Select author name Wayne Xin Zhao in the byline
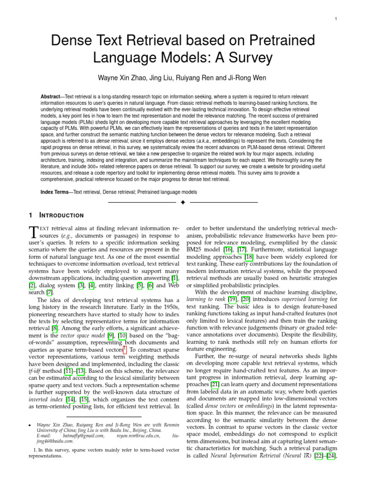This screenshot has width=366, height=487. coord(121,78)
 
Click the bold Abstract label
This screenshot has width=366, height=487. coord(52,96)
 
